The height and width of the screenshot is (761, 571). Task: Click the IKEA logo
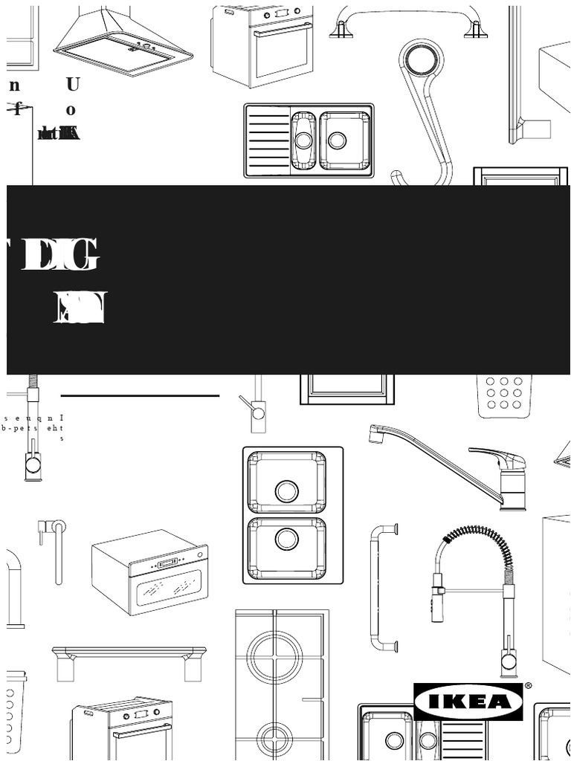coord(468,702)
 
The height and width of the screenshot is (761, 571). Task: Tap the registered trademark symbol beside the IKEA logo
coord(529,686)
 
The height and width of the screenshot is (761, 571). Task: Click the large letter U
coord(72,84)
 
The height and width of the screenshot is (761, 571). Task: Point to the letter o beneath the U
coord(71,110)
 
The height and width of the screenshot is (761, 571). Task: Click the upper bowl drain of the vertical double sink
coord(286,490)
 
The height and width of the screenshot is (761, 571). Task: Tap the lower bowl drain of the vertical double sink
coord(286,539)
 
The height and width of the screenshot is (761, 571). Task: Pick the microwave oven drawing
coord(150,571)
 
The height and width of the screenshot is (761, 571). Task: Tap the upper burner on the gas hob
coord(274,657)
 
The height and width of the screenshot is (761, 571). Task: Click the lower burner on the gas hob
coord(274,738)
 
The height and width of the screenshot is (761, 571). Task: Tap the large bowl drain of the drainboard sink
coord(337,140)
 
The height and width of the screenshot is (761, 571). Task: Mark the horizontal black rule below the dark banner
coord(140,396)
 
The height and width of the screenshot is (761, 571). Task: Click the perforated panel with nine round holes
coord(504,392)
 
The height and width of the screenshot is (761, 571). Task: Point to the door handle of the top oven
coord(283,30)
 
